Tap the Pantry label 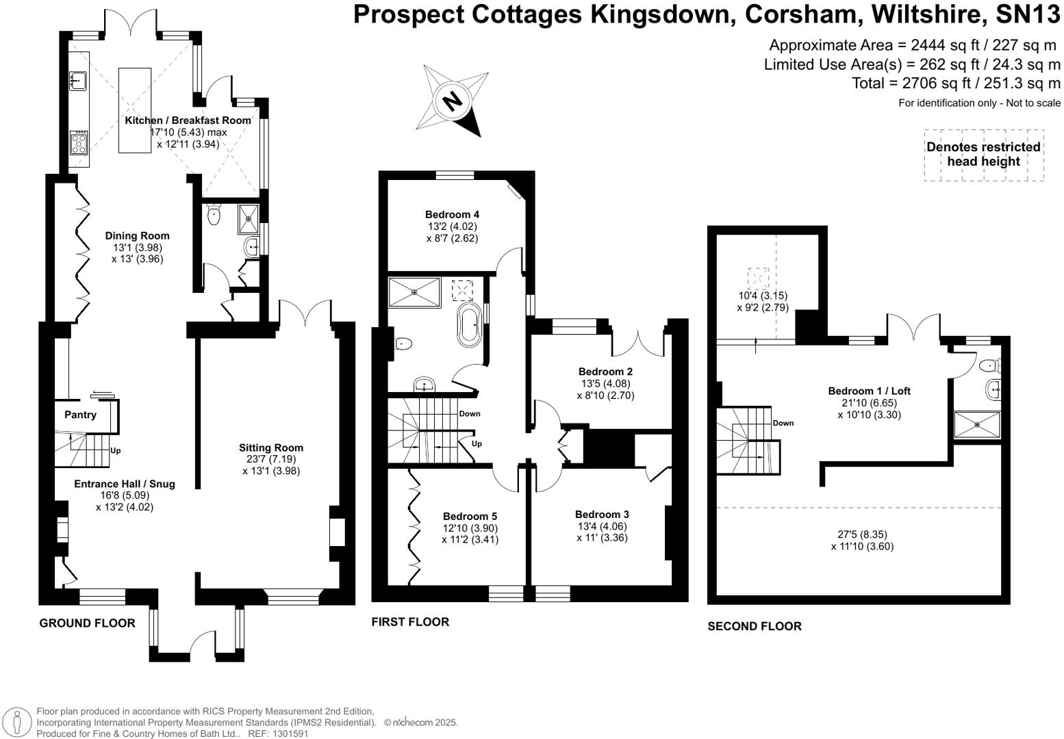pyautogui.click(x=80, y=415)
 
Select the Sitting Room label pyautogui.click(x=271, y=448)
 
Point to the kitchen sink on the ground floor pyautogui.click(x=77, y=81)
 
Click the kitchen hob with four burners pyautogui.click(x=78, y=143)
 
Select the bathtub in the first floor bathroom pyautogui.click(x=470, y=325)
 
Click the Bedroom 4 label pyautogui.click(x=451, y=214)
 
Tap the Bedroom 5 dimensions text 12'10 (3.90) pyautogui.click(x=470, y=528)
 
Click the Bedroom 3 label pyautogui.click(x=601, y=514)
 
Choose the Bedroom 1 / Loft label pyautogui.click(x=869, y=391)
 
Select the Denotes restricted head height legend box pyautogui.click(x=983, y=155)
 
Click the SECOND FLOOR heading pyautogui.click(x=754, y=626)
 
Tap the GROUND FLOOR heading pyautogui.click(x=87, y=623)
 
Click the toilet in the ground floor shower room pyautogui.click(x=214, y=215)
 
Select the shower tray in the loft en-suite pyautogui.click(x=977, y=424)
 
